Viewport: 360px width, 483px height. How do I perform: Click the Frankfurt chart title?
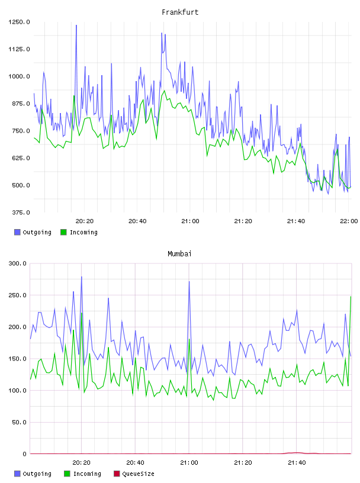click(180, 12)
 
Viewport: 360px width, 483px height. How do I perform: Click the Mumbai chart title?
click(179, 254)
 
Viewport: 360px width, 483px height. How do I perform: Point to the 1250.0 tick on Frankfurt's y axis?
click(19, 22)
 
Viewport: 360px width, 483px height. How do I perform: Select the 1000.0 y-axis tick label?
click(19, 76)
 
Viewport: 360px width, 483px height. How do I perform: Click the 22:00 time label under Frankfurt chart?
click(349, 221)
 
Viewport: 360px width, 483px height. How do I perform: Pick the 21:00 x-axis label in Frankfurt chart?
click(190, 221)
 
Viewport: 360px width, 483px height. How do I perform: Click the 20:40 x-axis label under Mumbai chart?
click(136, 463)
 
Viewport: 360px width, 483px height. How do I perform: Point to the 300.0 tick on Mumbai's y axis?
click(18, 263)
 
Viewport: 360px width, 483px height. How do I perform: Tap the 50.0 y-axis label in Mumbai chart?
click(19, 422)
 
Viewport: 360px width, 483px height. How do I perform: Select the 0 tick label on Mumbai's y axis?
click(25, 454)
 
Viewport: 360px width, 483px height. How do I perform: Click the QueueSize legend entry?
click(134, 474)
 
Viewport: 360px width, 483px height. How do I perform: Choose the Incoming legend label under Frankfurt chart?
click(83, 232)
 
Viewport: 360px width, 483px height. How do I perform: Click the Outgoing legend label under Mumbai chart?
click(37, 474)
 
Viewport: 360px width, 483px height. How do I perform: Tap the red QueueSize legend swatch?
click(117, 474)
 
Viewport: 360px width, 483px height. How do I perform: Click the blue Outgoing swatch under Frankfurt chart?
click(17, 232)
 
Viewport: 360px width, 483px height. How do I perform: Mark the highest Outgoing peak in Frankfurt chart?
click(76, 25)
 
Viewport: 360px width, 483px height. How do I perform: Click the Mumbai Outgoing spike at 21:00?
click(189, 282)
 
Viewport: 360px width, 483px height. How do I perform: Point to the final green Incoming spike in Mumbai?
click(351, 297)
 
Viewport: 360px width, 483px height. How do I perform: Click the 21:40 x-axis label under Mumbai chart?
click(297, 463)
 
